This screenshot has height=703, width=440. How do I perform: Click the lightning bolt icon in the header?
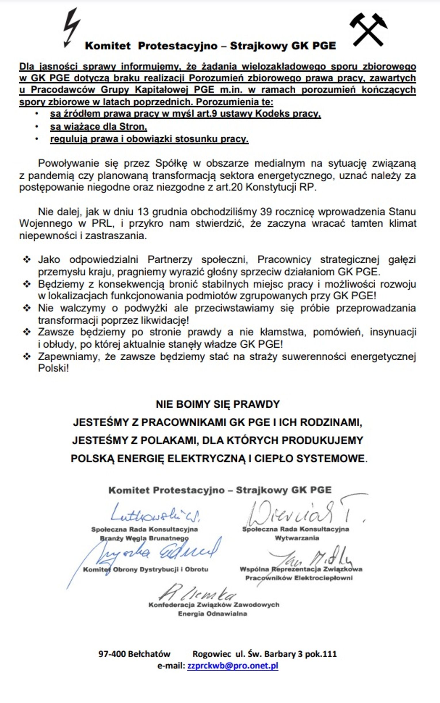tap(71, 28)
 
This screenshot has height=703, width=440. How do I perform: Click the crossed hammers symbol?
tap(368, 29)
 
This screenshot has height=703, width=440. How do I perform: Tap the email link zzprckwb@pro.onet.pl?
tap(233, 666)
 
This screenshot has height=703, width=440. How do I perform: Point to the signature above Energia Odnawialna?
tap(198, 592)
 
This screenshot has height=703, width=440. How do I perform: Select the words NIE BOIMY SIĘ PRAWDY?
tap(218, 404)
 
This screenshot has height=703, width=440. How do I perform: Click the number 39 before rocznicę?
tap(266, 211)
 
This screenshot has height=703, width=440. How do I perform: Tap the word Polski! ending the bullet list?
tap(53, 368)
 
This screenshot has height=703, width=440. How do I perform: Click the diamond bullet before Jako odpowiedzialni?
tap(27, 259)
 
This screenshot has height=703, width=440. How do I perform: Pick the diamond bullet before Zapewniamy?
tap(27, 356)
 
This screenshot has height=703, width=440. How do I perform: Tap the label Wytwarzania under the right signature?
tap(297, 538)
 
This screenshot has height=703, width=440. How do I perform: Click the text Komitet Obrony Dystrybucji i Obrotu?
tap(146, 569)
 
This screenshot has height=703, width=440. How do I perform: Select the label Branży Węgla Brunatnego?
tap(144, 538)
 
